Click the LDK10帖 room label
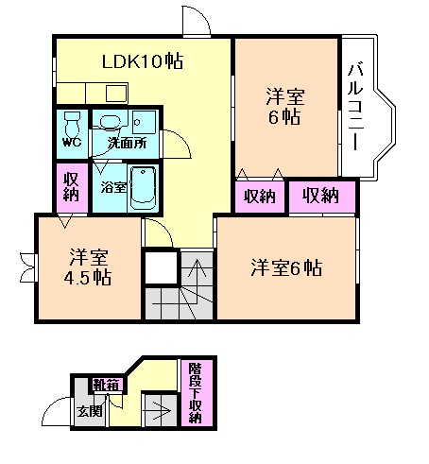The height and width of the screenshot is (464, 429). (142, 62)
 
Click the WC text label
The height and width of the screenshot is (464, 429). (72, 144)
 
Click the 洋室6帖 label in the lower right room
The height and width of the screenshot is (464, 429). (286, 267)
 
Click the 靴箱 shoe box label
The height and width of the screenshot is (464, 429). (105, 385)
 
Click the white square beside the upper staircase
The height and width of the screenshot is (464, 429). (161, 269)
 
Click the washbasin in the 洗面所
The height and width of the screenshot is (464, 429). (112, 122)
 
